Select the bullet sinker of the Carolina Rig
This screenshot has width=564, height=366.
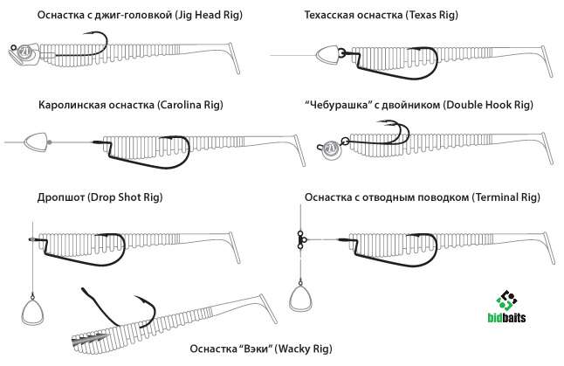tap(36, 140)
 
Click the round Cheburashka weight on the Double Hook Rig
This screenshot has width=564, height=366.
tap(332, 149)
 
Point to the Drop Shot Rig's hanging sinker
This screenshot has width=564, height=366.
tap(33, 309)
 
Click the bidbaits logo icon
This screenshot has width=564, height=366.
tap(506, 300)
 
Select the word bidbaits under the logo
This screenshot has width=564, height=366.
tap(506, 319)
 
